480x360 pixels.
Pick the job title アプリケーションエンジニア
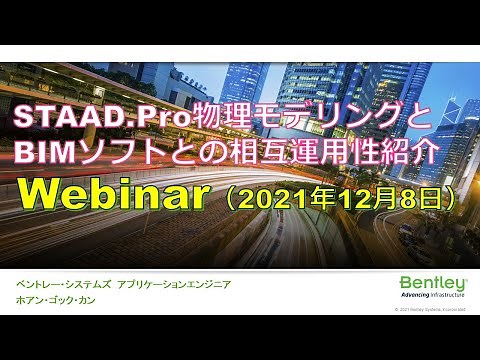tap(173, 285)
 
